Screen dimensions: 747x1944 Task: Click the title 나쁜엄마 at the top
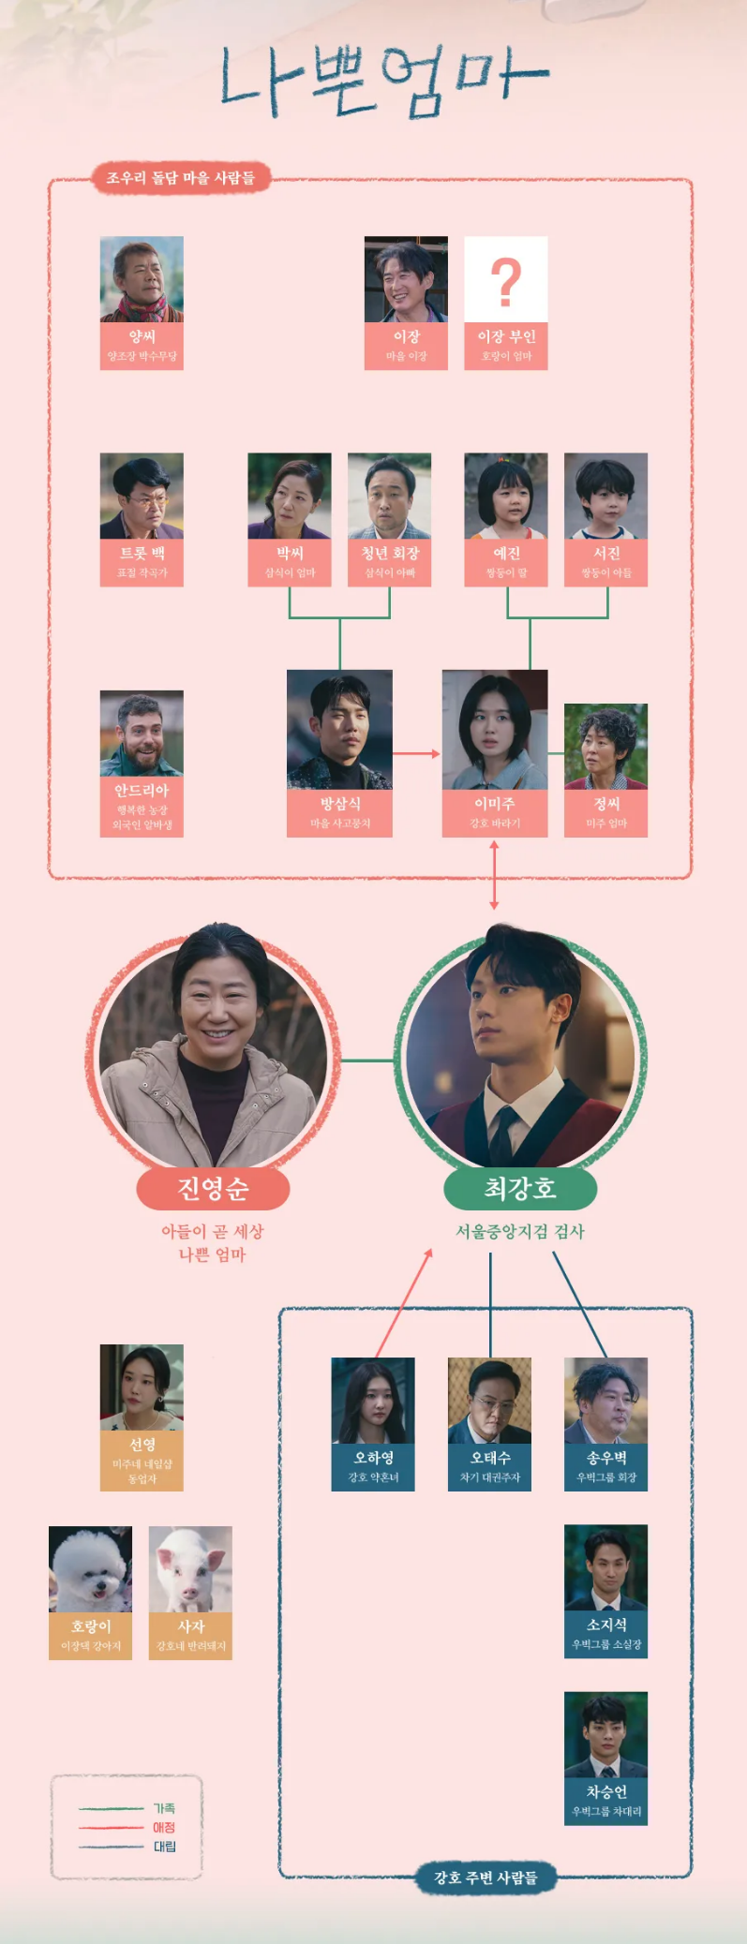coord(382,82)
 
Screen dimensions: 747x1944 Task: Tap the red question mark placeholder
coord(506,280)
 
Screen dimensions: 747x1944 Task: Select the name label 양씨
coord(142,336)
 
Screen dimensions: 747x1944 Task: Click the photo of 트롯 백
coord(142,496)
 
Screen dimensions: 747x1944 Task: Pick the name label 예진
coord(506,553)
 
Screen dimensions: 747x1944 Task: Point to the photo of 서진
coord(605,496)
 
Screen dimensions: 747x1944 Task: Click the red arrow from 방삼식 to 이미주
coord(416,753)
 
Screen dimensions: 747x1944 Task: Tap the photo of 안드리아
coord(142,734)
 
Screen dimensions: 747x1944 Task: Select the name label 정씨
coord(605,804)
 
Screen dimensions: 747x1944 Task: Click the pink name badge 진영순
coord(213,1188)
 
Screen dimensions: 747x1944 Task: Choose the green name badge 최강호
coord(520,1188)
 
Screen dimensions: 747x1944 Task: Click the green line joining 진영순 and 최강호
coord(366,1061)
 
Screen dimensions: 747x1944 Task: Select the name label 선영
coord(142,1445)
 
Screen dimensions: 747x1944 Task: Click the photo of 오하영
coord(373,1401)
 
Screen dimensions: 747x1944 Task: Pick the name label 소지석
coord(605,1625)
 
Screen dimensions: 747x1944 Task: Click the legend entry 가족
coord(163,1808)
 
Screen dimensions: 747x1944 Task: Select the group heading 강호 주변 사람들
coord(485,1877)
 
